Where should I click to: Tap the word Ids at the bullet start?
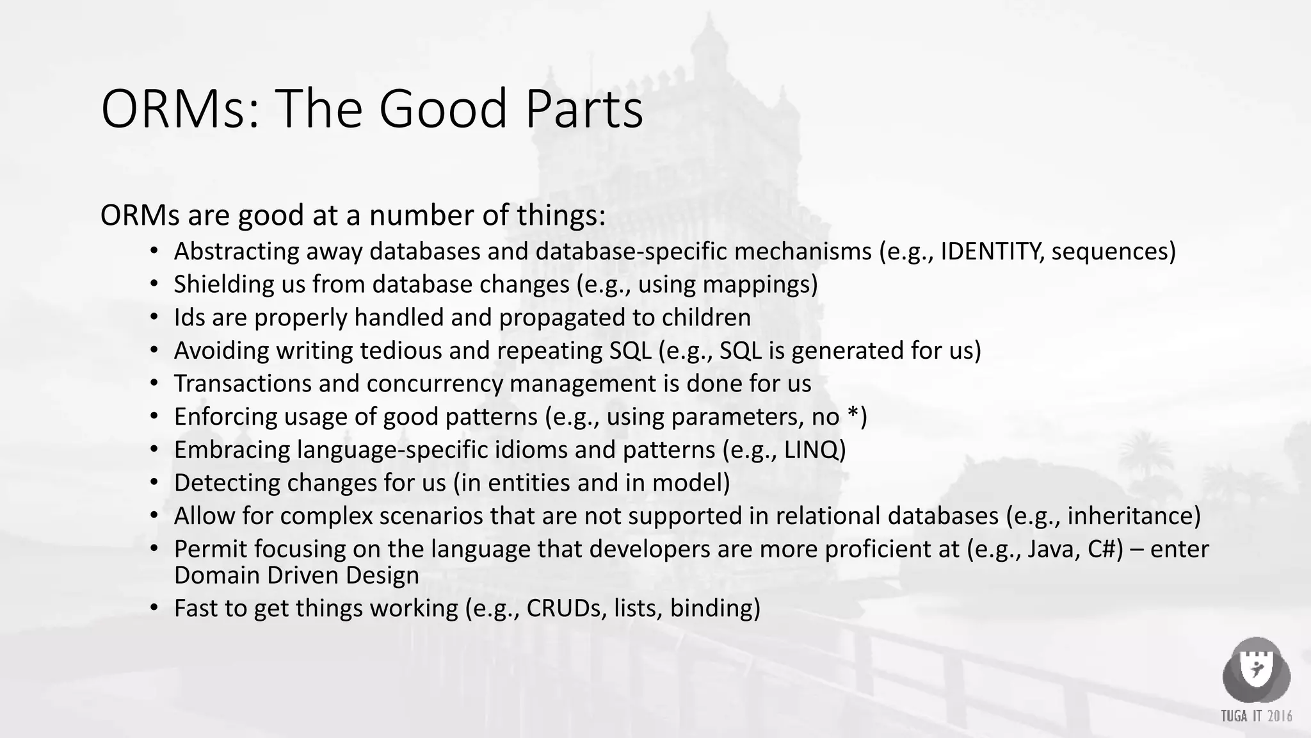[189, 318]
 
